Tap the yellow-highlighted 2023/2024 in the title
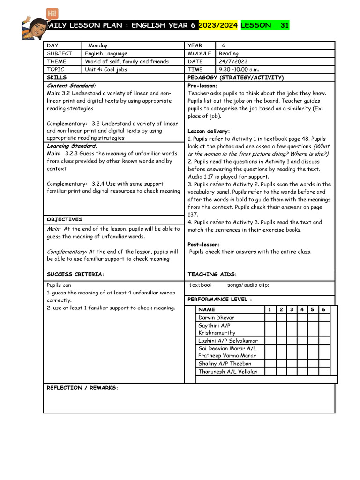218,25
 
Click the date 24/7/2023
233,61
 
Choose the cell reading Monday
97,45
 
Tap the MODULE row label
199,53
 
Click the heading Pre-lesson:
202,86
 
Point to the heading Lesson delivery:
209,131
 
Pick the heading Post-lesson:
203,244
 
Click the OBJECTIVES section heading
65,219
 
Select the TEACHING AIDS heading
212,274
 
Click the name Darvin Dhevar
217,317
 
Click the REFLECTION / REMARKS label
82,388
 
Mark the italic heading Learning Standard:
72,146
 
